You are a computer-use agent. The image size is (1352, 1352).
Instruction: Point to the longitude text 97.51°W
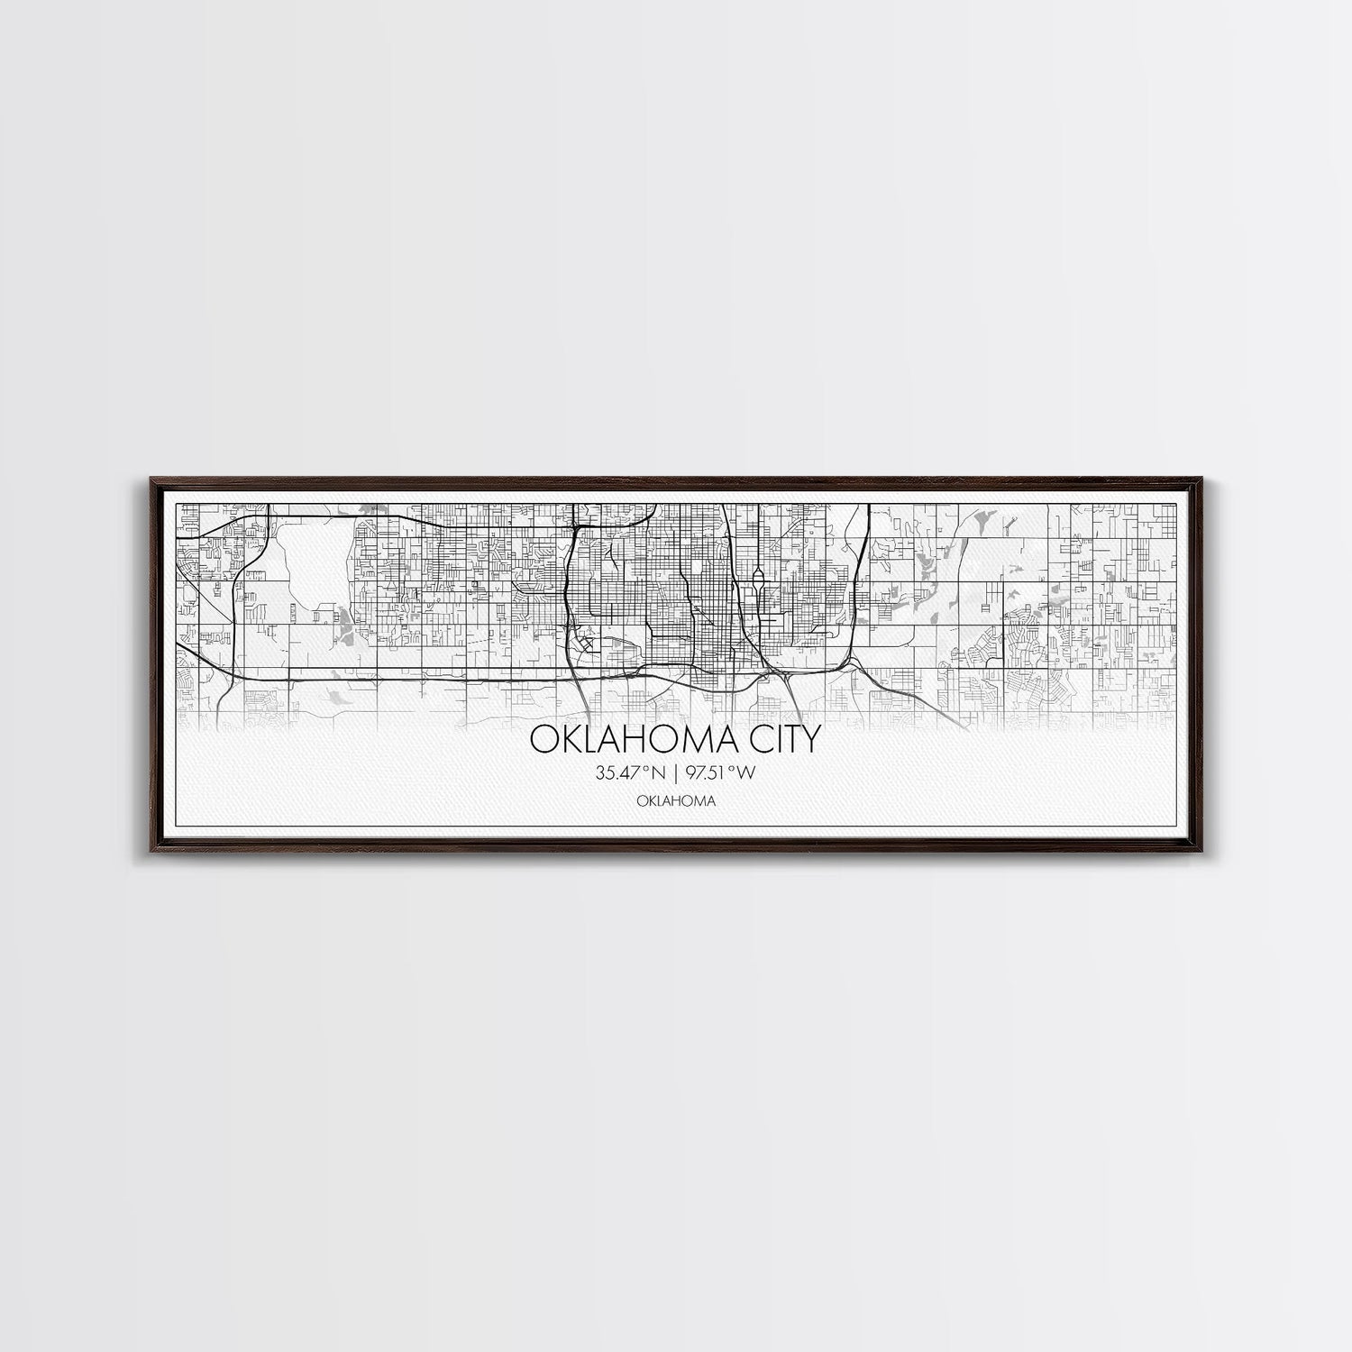tap(720, 772)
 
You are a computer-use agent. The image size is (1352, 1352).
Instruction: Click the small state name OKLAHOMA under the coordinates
tap(676, 800)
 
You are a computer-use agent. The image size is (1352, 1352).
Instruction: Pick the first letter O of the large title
tap(543, 739)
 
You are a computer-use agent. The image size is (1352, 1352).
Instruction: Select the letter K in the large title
tap(568, 739)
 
